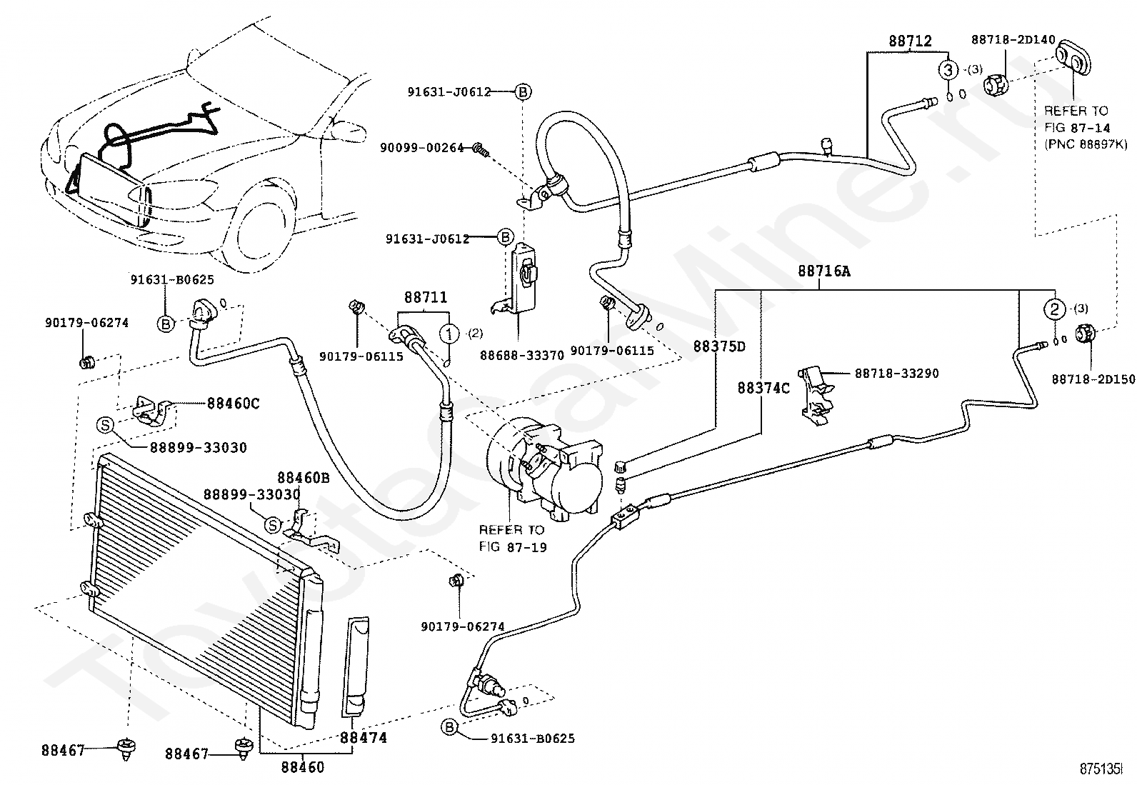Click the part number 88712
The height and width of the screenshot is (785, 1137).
coord(910,41)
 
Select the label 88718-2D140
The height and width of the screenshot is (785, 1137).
coord(1013,39)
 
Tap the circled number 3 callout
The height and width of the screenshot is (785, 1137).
coord(948,69)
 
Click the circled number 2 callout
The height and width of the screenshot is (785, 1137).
coord(1054,309)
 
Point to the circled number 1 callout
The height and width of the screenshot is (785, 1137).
coord(449,334)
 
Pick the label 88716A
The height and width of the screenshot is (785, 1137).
coord(823,271)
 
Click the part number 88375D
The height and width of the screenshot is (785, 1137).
coord(719,346)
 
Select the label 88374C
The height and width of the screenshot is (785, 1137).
coord(763,389)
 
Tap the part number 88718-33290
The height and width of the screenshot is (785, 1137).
coord(896,374)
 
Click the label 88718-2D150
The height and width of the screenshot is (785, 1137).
coord(1093,379)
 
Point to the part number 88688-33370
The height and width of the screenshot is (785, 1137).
coord(522,356)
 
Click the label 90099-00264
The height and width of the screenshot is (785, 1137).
coord(422,148)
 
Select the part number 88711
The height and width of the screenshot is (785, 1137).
coord(426,297)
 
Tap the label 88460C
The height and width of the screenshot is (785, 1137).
coord(233,404)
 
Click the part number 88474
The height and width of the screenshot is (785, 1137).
coord(363,737)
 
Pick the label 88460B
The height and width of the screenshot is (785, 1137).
coord(303,478)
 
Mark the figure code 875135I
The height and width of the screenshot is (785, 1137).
coord(1101,769)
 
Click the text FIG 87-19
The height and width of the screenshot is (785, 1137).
coord(513,547)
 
